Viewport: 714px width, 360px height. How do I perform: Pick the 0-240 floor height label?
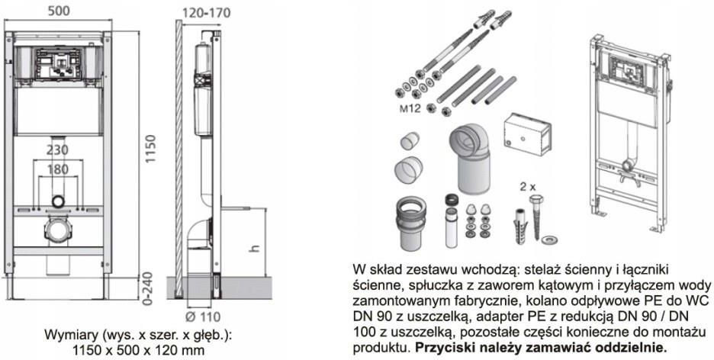pyautogui.click(x=151, y=291)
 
